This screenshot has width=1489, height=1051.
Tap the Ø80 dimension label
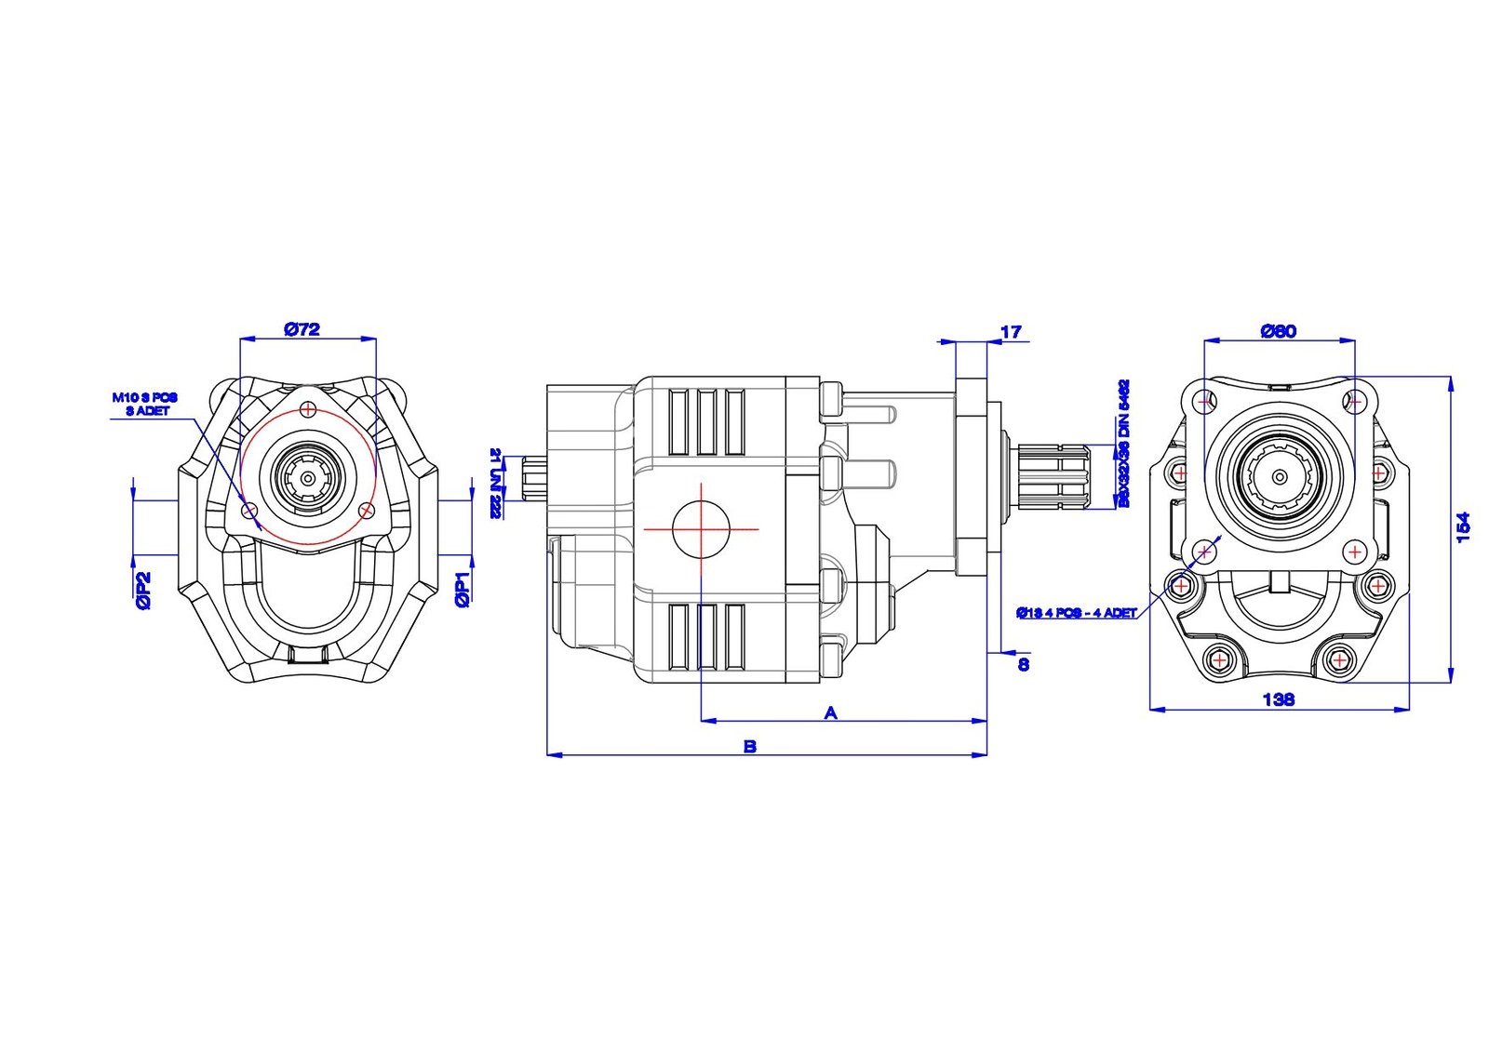point(1278,331)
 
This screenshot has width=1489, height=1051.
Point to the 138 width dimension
point(1278,698)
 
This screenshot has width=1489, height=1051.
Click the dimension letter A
point(831,712)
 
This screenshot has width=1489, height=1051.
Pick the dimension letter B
point(750,746)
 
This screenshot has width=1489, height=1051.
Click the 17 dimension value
point(1011,331)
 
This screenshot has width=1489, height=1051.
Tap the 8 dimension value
point(1024,664)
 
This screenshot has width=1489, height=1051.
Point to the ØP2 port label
point(143,590)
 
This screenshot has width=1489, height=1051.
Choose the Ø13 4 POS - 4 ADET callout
point(1077,613)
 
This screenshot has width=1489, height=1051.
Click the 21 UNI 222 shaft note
point(496,482)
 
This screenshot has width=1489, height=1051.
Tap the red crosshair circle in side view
point(701,528)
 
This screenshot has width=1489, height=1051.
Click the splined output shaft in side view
point(1053,478)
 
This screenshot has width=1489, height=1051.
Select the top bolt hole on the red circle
point(308,407)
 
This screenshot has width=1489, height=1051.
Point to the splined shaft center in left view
point(307,478)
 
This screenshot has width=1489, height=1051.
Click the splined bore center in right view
point(1281,475)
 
